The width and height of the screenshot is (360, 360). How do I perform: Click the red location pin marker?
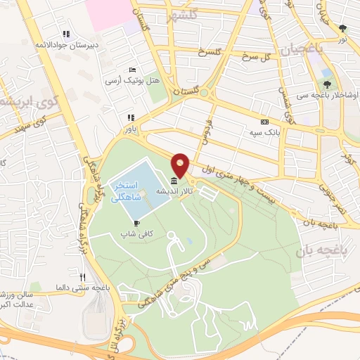coord(181,165)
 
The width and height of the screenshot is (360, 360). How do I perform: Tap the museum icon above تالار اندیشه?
coord(174,182)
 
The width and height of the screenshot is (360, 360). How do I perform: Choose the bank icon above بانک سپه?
coord(264,122)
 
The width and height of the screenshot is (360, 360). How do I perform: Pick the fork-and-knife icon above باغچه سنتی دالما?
coord(82,276)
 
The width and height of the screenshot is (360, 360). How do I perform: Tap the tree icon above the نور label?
coord(342,29)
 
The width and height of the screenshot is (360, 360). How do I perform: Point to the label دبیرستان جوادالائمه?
coord(65,44)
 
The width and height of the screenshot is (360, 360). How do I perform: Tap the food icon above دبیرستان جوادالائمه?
coord(66,33)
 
